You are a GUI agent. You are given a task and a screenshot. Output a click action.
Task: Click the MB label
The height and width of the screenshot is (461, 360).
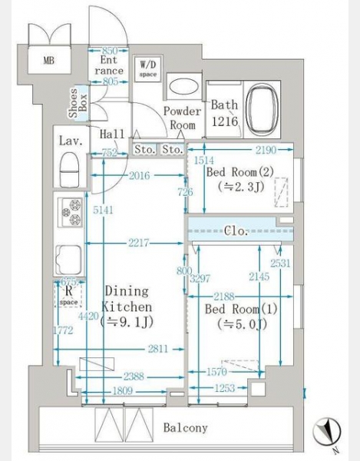point(49,60)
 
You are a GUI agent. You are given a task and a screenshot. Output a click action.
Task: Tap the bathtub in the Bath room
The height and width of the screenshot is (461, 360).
point(262,110)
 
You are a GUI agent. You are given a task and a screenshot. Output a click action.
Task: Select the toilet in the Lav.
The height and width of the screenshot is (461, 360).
point(69,170)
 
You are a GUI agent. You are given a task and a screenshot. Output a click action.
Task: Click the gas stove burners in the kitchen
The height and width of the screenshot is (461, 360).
point(71,212)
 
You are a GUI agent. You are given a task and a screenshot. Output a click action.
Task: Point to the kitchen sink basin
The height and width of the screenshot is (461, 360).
point(70,260)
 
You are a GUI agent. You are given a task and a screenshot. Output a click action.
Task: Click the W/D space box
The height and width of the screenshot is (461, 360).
point(147,69)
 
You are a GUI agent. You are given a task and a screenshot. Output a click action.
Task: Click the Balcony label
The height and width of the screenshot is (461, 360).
point(185,427)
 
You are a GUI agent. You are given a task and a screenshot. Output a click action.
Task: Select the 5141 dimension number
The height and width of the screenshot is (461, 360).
point(103,210)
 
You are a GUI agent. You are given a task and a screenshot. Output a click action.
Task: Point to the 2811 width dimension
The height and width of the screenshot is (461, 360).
point(157,349)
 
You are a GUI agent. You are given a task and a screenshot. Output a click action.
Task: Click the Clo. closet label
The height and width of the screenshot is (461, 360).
point(236,230)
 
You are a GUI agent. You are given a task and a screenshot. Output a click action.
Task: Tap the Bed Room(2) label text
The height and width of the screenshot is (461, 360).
point(240,172)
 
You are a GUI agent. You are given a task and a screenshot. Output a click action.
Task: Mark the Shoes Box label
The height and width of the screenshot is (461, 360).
point(78,103)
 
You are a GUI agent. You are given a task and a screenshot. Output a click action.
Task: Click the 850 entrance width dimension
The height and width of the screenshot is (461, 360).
point(109,51)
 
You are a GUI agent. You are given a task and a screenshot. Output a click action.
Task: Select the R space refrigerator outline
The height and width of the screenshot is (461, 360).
point(68,294)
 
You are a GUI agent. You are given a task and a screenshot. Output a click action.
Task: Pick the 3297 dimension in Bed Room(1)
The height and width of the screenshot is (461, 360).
point(200,278)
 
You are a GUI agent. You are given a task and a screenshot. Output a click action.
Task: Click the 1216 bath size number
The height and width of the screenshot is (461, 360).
point(225,121)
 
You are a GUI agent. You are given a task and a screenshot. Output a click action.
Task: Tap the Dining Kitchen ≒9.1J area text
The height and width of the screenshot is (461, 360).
point(127,307)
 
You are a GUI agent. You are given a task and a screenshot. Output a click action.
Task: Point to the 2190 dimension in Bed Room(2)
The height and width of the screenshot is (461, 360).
point(266,151)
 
